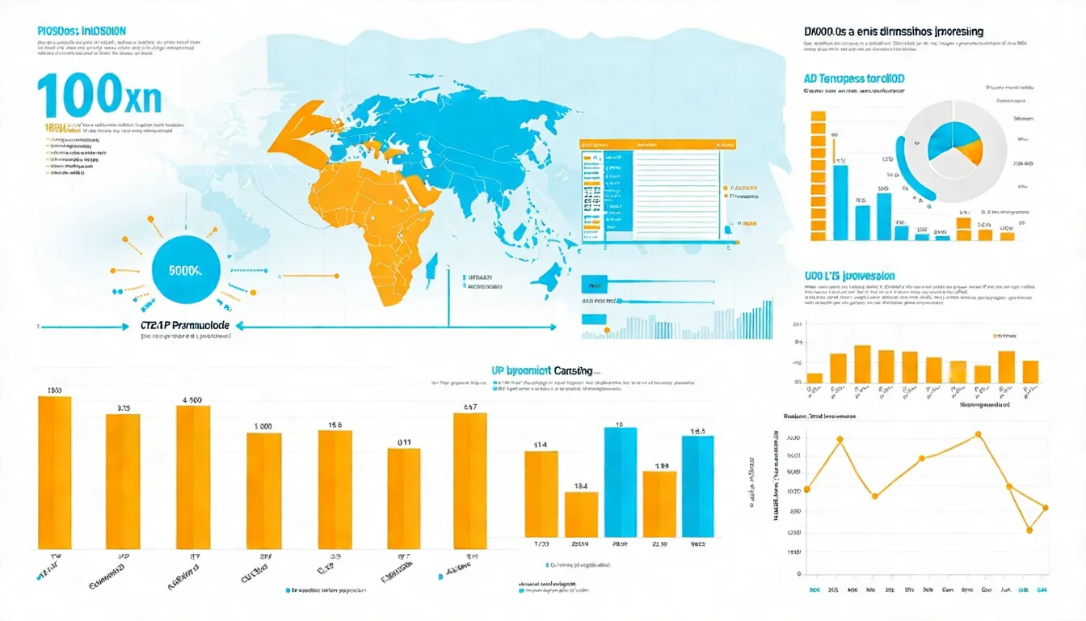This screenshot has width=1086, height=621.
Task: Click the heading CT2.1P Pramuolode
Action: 185,324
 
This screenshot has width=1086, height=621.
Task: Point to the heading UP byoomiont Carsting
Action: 541,370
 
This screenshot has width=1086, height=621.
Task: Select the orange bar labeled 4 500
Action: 193,477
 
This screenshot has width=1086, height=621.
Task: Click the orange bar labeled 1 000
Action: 263,491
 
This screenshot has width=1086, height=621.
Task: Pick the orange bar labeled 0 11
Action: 404,498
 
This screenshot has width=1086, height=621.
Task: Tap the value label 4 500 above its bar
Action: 192,399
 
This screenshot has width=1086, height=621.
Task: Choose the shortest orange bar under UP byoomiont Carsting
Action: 581,514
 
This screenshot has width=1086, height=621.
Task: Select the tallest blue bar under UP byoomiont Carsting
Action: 620,482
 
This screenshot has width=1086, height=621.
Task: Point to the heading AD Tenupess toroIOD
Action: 854,79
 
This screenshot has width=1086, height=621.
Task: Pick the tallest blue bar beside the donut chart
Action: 840,202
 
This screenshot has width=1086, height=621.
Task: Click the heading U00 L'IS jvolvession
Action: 849,277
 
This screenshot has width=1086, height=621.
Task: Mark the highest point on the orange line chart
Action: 979,434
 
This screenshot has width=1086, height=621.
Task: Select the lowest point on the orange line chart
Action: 1029,530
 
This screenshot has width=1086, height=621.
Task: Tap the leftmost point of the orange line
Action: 806,489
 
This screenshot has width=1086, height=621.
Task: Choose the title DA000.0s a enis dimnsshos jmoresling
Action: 894,32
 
